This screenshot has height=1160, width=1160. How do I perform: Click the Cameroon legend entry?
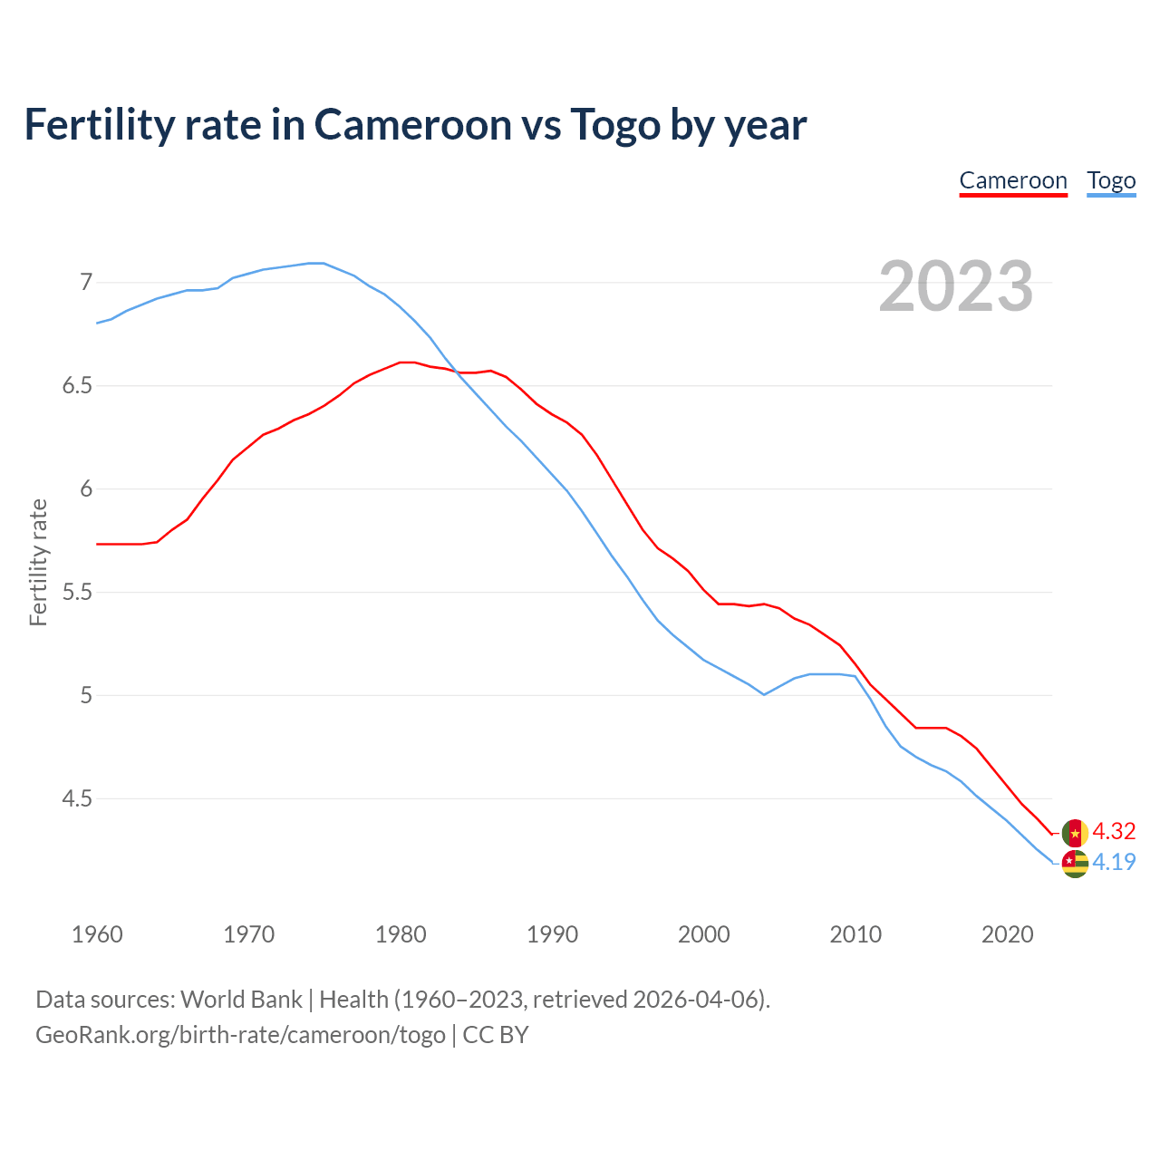pos(1013,180)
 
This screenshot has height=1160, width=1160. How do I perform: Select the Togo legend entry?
pos(1111,180)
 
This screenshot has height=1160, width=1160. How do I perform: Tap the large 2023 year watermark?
pos(955,285)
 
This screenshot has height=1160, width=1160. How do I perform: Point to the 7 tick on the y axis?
pos(86,283)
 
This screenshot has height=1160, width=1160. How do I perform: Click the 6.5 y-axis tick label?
pos(77,386)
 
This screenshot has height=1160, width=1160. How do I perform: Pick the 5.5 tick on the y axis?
pos(77,593)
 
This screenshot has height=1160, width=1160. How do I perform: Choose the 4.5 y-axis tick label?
pos(77,799)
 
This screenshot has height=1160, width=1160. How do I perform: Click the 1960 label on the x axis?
pos(97,934)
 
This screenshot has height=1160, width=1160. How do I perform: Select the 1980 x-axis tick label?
pos(401,934)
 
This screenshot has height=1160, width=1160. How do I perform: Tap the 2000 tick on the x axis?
pos(703,934)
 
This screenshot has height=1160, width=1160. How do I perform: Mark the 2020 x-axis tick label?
pos(1007,934)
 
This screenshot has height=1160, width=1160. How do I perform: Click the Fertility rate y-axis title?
pos(38,562)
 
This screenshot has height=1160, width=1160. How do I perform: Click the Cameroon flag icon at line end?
pos(1075,833)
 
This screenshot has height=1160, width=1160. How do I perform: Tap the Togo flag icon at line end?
pos(1075,863)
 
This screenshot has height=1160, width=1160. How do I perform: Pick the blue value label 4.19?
pos(1114,863)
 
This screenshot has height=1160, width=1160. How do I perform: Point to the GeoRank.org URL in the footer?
pos(240,1035)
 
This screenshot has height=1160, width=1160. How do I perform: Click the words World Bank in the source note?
pos(241,1000)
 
